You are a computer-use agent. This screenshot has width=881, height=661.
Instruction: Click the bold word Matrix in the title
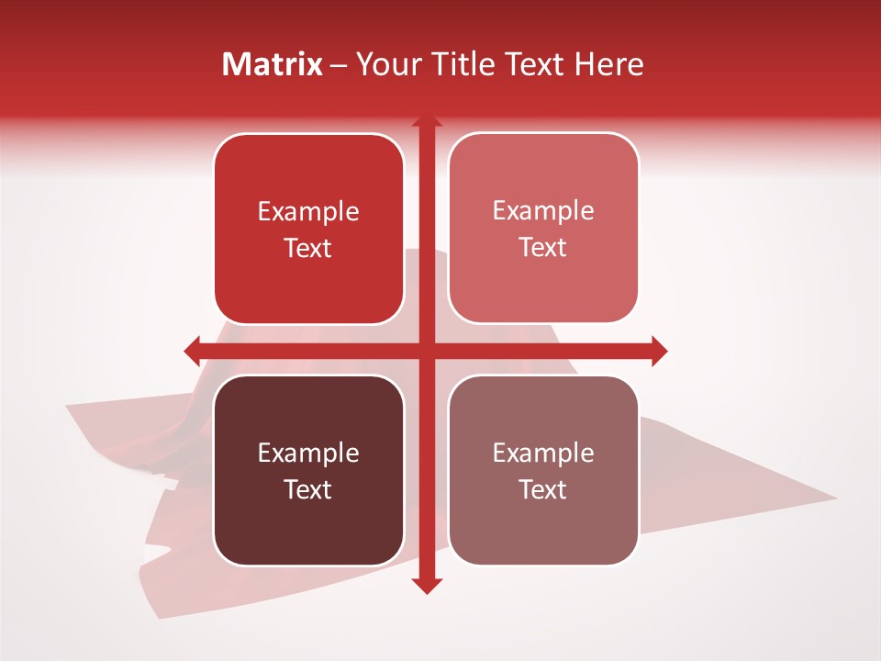(x=273, y=64)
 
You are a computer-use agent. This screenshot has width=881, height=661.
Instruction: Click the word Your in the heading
(x=385, y=64)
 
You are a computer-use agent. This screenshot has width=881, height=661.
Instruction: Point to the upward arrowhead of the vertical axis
(x=426, y=121)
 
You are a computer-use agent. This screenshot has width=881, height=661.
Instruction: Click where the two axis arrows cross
(x=426, y=351)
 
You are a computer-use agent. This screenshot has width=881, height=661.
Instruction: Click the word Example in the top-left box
(x=308, y=212)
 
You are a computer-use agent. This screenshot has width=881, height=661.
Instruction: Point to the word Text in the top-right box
(x=543, y=248)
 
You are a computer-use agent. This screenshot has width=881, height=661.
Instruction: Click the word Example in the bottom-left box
(x=308, y=454)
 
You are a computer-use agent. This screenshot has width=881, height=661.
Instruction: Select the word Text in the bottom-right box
(x=543, y=489)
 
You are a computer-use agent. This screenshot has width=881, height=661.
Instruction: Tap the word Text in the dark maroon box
(x=308, y=489)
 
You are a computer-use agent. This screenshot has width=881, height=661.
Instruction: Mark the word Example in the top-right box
(x=543, y=211)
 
